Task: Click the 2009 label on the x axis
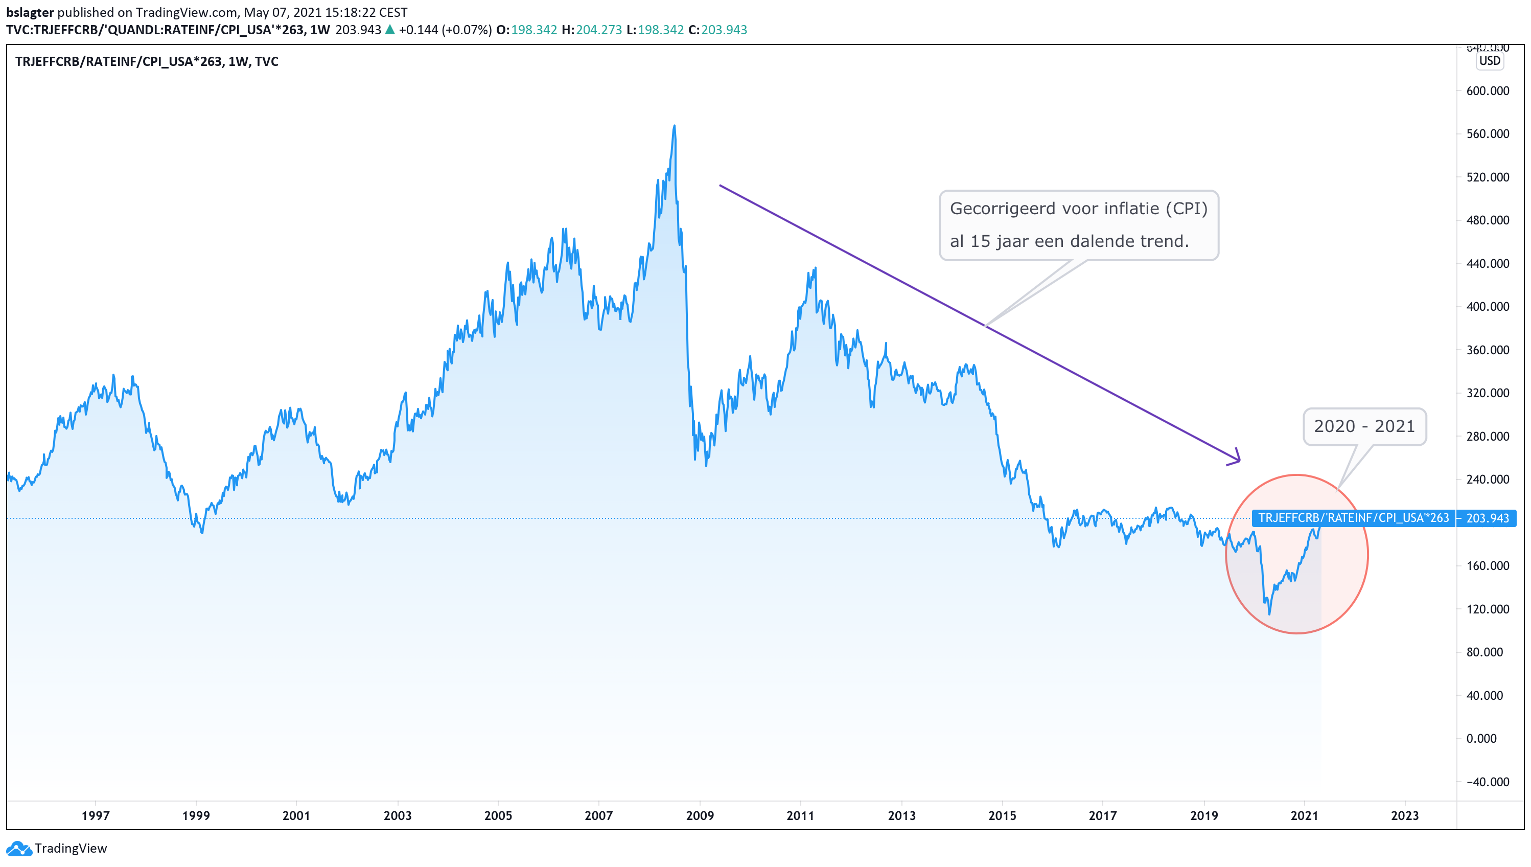[x=699, y=815]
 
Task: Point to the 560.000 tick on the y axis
[x=1487, y=134]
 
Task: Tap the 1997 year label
[x=95, y=815]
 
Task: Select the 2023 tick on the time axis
[x=1404, y=815]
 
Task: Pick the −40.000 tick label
[x=1487, y=782]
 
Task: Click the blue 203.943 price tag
[x=1487, y=518]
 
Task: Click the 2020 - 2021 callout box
[x=1364, y=426]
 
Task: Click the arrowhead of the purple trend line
[x=1238, y=459]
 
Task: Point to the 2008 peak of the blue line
[x=674, y=126]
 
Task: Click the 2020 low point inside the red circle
[x=1269, y=613]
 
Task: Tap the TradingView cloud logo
[x=18, y=848]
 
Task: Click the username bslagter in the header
[x=30, y=12]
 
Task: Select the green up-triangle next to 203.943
[x=390, y=30]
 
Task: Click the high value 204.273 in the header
[x=598, y=30]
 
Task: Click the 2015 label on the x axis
[x=1002, y=815]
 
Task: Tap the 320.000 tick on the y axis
[x=1487, y=393]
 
